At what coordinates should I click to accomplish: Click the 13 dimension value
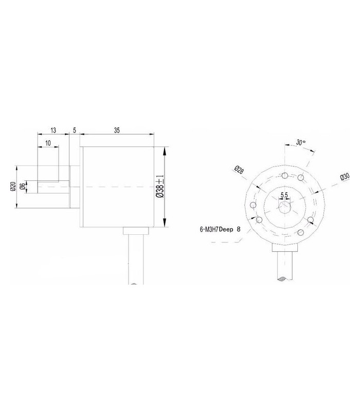pos(53,131)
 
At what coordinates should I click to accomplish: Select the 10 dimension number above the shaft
pos(48,143)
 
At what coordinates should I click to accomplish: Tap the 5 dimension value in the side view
pos(75,131)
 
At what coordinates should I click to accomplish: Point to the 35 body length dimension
pos(117,131)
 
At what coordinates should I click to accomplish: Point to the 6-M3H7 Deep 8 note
pos(220,231)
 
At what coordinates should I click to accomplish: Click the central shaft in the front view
pos(284,207)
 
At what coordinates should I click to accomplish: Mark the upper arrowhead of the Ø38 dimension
pos(164,150)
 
